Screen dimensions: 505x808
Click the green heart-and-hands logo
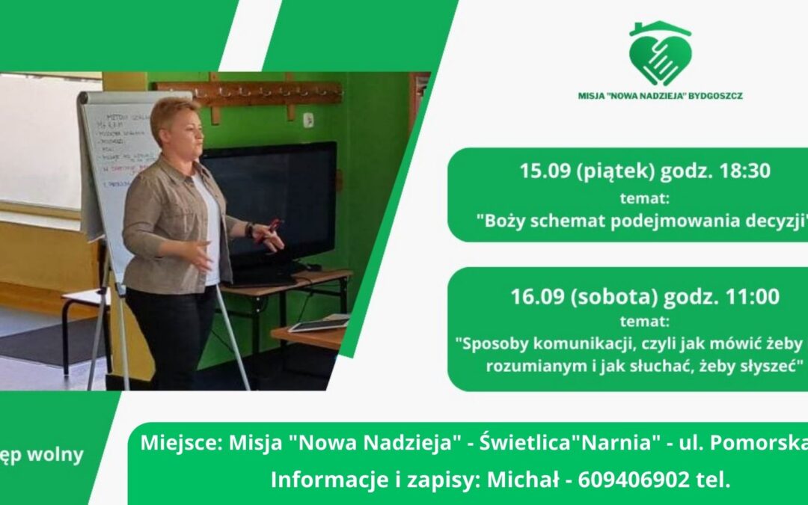coord(660,55)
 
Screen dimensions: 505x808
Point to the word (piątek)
coord(611,171)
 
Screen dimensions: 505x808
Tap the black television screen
coord(277,195)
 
